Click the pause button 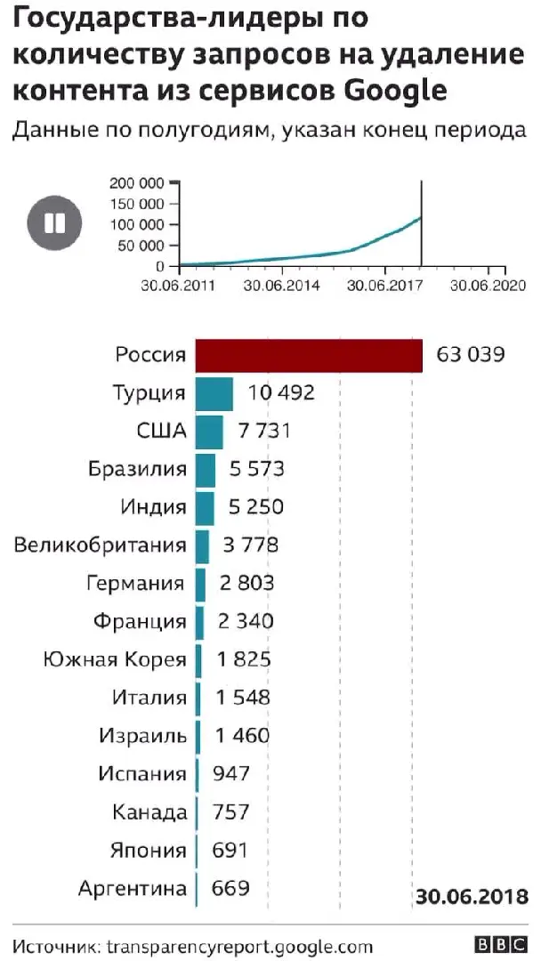pyautogui.click(x=54, y=222)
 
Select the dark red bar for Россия pyautogui.click(x=308, y=355)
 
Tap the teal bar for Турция pyautogui.click(x=214, y=392)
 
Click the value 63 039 pyautogui.click(x=471, y=355)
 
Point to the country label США pyautogui.click(x=161, y=432)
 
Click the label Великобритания pyautogui.click(x=101, y=545)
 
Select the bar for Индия pyautogui.click(x=205, y=507)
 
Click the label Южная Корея pyautogui.click(x=115, y=659)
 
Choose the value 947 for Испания pyautogui.click(x=231, y=773)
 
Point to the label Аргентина pyautogui.click(x=133, y=887)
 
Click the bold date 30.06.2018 pyautogui.click(x=472, y=895)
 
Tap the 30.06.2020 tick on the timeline pyautogui.click(x=487, y=286)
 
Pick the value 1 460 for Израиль pyautogui.click(x=241, y=736)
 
